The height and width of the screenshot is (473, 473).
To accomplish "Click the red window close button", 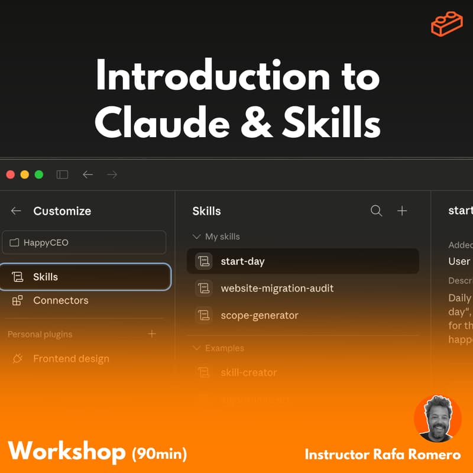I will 10,174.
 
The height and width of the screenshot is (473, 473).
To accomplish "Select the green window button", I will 39,174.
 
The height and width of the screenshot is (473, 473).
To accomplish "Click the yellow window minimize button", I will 25,174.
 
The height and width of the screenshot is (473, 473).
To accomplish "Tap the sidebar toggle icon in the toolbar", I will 62,174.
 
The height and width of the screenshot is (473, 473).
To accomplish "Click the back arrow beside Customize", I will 16,211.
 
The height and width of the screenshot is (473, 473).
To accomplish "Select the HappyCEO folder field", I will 84,242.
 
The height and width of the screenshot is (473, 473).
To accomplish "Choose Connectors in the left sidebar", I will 60,300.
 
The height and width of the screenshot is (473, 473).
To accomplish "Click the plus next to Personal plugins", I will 152,334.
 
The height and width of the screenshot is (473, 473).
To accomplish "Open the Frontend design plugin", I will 71,358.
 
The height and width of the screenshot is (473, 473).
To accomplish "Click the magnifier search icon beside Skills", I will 376,211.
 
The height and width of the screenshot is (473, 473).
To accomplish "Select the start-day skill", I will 242,261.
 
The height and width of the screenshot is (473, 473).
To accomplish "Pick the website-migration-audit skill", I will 277,288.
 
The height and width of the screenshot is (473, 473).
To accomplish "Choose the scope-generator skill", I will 259,315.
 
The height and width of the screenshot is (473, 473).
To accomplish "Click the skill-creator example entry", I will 248,372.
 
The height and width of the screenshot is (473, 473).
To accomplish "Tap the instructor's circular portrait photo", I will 438,419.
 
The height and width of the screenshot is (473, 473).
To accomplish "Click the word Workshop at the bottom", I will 67,452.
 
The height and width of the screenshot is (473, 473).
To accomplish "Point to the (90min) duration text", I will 159,453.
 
